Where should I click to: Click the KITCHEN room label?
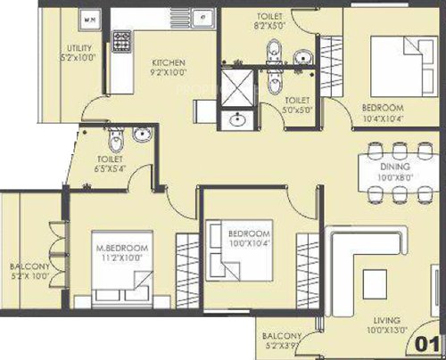click(x=168, y=62)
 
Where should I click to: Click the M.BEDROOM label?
click(x=122, y=247)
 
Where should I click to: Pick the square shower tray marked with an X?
click(x=238, y=86)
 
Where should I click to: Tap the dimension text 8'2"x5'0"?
click(x=268, y=27)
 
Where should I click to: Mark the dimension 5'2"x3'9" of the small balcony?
click(x=282, y=346)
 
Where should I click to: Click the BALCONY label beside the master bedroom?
click(x=29, y=266)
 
